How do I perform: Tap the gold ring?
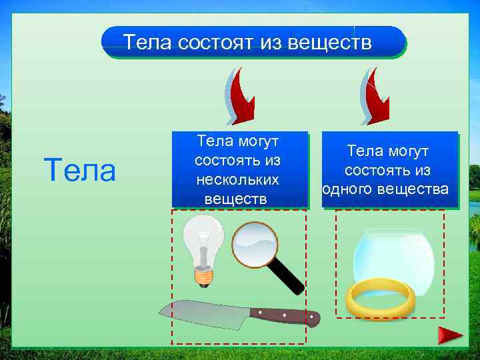[x=382, y=297]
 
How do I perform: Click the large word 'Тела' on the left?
[x=79, y=170]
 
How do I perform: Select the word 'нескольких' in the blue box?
[x=238, y=180]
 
